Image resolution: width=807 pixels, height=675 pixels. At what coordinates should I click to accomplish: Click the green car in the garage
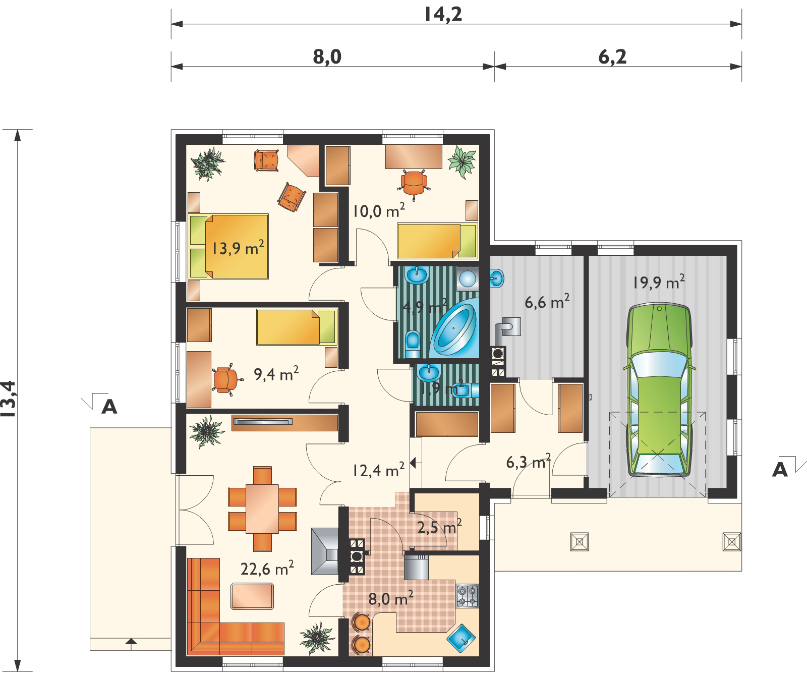point(658,390)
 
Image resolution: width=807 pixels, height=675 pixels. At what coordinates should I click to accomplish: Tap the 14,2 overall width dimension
point(443,14)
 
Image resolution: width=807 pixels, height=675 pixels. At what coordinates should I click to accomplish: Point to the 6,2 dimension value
point(612,57)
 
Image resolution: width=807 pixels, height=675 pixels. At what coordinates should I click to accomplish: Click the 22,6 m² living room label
point(267,569)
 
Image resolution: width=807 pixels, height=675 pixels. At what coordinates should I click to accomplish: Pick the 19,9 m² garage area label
point(659,283)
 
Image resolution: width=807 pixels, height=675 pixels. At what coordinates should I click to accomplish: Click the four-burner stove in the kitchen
point(467,596)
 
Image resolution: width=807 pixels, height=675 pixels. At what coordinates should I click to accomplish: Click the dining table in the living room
point(262,509)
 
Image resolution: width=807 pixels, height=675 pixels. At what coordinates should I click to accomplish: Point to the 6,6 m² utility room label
point(547,303)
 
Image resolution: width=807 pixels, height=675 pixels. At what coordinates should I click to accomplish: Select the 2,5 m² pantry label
point(440,528)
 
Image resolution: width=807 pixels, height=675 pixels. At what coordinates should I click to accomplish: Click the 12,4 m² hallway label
point(378,471)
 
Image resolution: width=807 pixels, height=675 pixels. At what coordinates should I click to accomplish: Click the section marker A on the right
point(780,470)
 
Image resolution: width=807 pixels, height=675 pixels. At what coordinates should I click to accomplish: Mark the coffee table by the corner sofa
point(253,596)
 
